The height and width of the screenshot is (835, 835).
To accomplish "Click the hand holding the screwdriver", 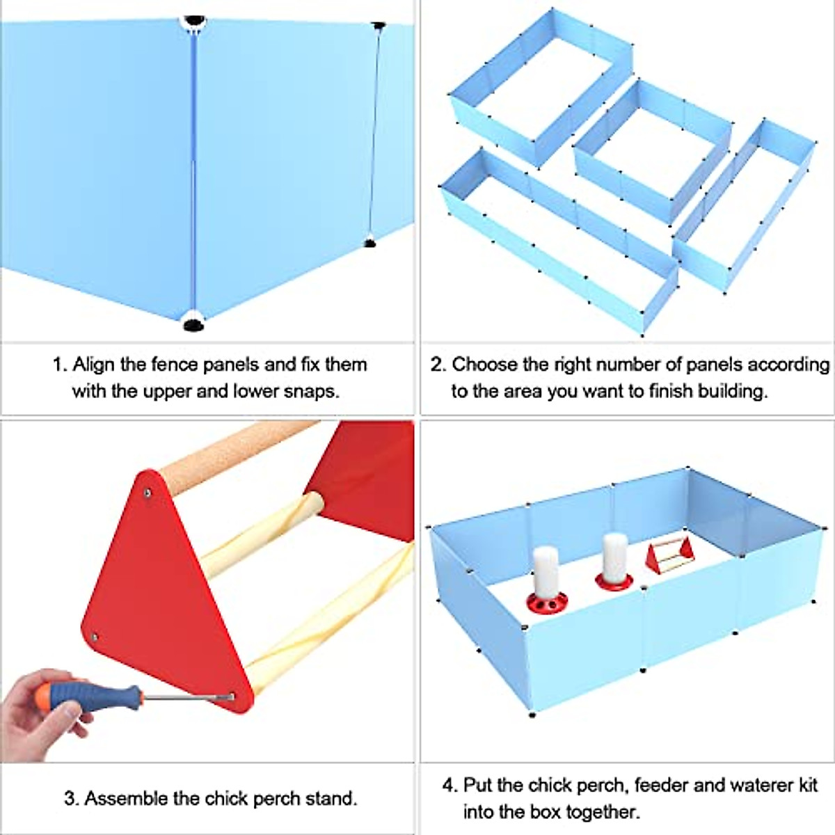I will (42, 710).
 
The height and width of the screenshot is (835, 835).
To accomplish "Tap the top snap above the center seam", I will (194, 21).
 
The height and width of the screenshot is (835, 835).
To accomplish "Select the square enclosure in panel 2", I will (653, 150).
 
